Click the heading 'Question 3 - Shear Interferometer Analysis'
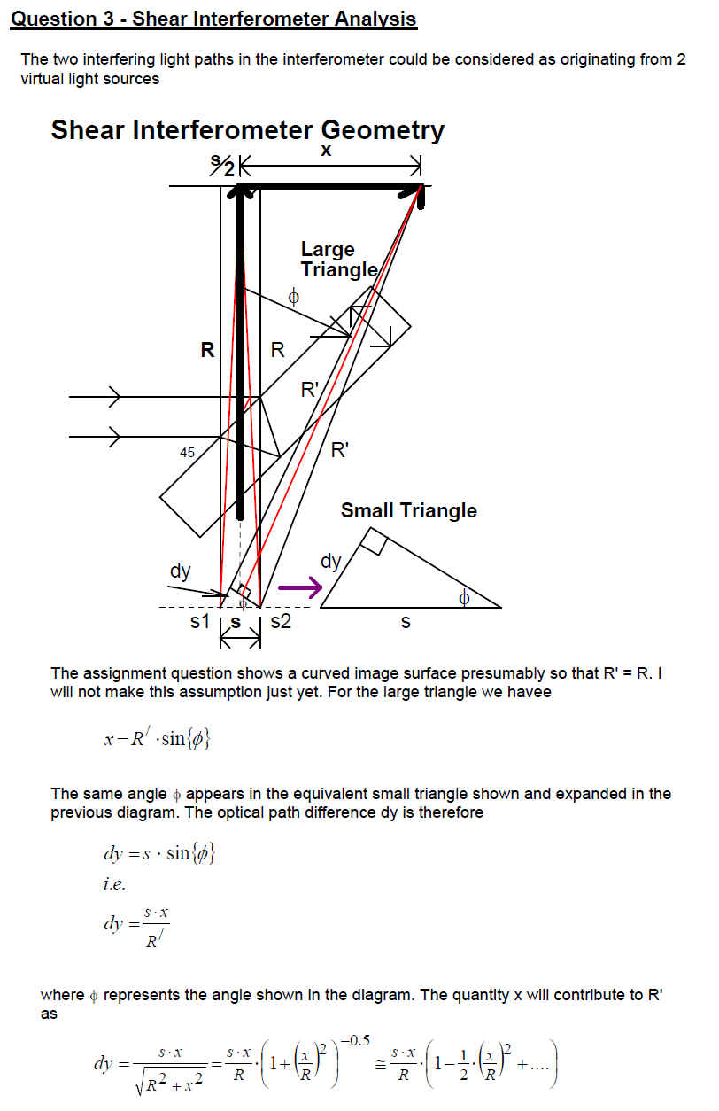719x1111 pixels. pyautogui.click(x=213, y=19)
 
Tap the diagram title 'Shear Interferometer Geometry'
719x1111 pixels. pyautogui.click(x=247, y=130)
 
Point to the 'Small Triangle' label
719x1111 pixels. pyautogui.click(x=408, y=510)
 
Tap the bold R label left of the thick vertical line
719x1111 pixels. pyautogui.click(x=207, y=350)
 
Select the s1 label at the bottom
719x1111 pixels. pyautogui.click(x=200, y=622)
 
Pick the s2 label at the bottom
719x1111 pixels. pyautogui.click(x=280, y=622)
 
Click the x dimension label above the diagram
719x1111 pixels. pyautogui.click(x=326, y=151)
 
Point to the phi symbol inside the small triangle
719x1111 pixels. pyautogui.click(x=463, y=599)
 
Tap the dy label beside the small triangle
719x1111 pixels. pyautogui.click(x=330, y=561)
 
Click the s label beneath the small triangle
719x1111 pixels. pyautogui.click(x=406, y=622)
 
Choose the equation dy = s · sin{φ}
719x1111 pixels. pyautogui.click(x=159, y=855)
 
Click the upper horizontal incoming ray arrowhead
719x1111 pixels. pyautogui.click(x=113, y=398)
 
